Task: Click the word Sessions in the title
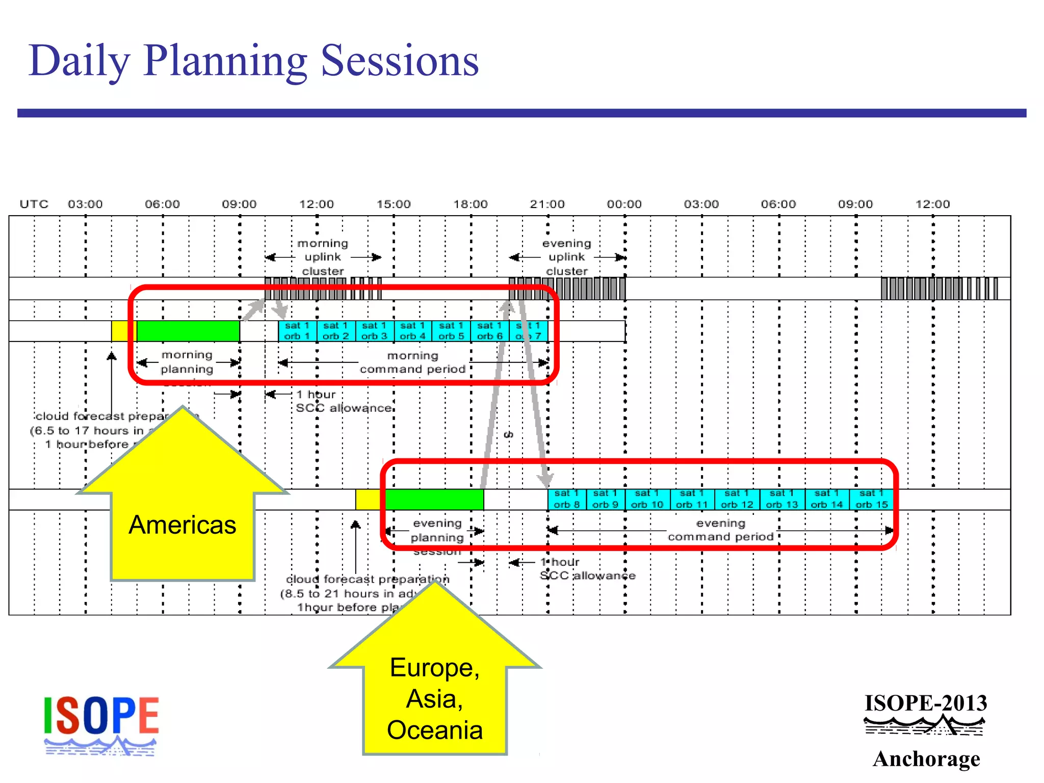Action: coord(400,61)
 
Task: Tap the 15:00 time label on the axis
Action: coord(394,204)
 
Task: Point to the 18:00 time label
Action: coord(471,204)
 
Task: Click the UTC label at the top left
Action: coord(34,204)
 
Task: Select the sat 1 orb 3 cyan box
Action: coord(374,331)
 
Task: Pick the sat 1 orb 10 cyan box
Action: coord(647,499)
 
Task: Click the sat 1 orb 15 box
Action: coord(871,499)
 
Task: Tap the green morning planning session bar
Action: coord(188,331)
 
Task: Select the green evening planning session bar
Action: coord(434,499)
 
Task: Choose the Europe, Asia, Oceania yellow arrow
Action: coord(435,698)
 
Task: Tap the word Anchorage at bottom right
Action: coord(926,759)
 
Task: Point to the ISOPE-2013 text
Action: coord(926,703)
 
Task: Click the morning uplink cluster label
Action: coord(323,257)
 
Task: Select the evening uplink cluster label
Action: coord(567,257)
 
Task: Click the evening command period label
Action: coord(721,530)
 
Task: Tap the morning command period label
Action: coord(412,362)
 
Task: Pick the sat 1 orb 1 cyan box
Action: coord(297,331)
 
